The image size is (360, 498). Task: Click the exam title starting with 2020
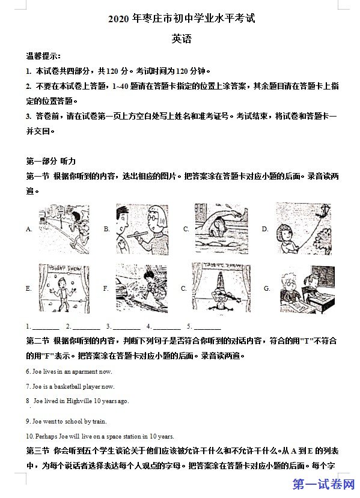tap(182, 19)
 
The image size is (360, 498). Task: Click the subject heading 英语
tap(182, 39)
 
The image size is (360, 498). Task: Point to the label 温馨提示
tap(43, 56)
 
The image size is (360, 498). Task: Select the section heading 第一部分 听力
tap(51, 161)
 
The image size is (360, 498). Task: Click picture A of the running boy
tap(64, 229)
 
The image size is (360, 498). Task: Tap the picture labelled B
tap(142, 229)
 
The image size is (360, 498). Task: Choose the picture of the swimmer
tap(221, 229)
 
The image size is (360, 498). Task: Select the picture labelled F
tap(141, 288)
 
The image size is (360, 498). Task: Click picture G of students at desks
tap(308, 289)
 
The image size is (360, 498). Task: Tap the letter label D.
tap(265, 229)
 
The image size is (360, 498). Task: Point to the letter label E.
tap(28, 288)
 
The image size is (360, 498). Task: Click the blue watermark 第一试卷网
tap(324, 484)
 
